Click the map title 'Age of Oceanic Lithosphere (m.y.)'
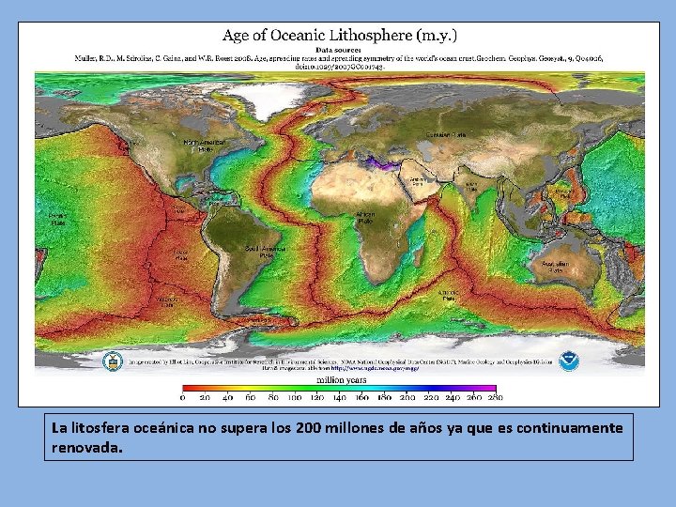[340, 36]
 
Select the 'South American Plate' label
[265, 251]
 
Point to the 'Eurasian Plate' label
[446, 135]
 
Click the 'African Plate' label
[366, 217]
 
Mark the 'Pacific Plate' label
[57, 219]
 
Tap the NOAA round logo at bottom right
[569, 360]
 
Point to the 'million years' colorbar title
[341, 380]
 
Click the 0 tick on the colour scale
[183, 398]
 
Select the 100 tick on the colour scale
[295, 398]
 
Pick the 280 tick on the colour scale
[495, 398]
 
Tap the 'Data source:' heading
[340, 49]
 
